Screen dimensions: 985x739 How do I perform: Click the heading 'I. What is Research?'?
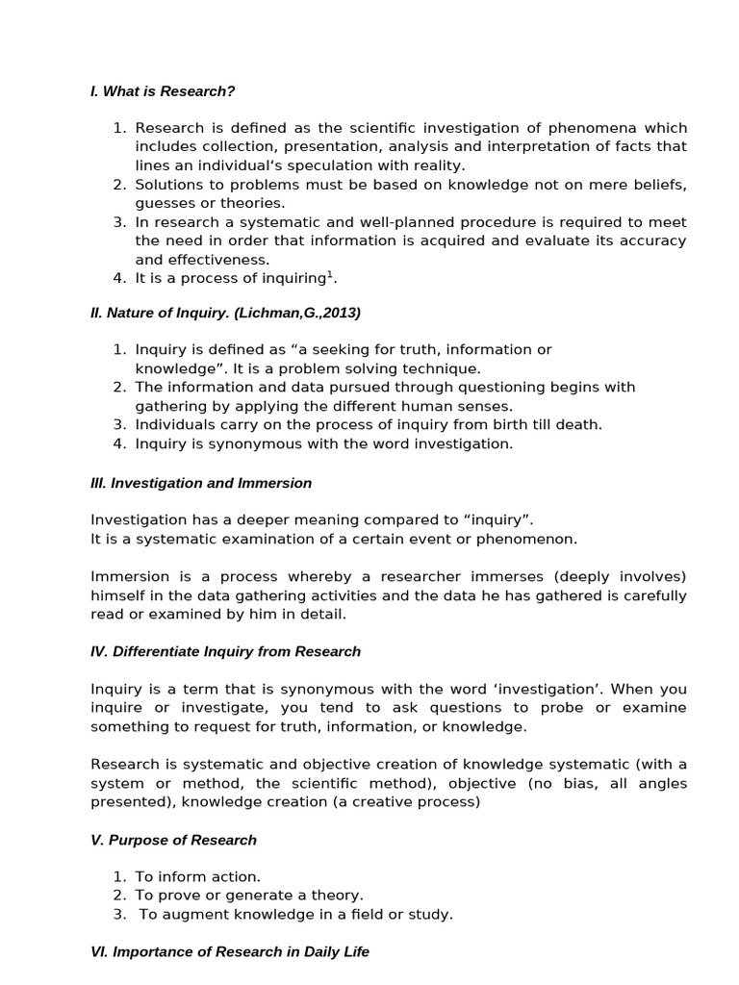pyautogui.click(x=163, y=91)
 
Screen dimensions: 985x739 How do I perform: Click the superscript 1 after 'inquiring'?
pyautogui.click(x=331, y=275)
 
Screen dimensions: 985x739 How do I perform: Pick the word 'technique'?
pyautogui.click(x=444, y=368)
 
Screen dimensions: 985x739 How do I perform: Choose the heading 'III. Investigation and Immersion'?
pyautogui.click(x=201, y=483)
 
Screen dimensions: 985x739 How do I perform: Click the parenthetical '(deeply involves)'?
pyautogui.click(x=627, y=576)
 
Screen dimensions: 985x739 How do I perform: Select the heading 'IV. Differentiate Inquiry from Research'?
pyautogui.click(x=225, y=651)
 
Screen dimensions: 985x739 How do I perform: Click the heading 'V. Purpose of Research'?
pyautogui.click(x=173, y=840)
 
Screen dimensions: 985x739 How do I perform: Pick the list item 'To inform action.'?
pyautogui.click(x=197, y=876)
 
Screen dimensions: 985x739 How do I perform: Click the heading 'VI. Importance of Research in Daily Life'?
pyautogui.click(x=229, y=952)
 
